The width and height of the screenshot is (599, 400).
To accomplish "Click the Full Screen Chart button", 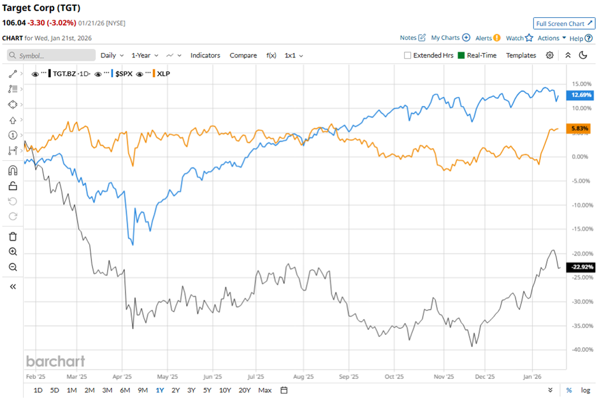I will coord(563,24).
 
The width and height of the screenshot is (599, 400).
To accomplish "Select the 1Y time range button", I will coord(159,390).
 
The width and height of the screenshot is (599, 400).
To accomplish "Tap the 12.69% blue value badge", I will coord(581,95).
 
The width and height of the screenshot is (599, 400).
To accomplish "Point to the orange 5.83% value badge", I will coord(579,128).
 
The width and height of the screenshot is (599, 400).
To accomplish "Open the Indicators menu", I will coord(205,56).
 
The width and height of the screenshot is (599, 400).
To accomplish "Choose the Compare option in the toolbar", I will coord(243,56).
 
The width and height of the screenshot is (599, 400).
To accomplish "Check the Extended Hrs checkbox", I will coord(408,56).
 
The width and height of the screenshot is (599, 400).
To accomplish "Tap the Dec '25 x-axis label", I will coord(485,376).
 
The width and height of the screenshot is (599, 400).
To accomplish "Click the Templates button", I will coord(521,56).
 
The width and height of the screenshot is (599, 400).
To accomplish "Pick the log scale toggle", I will coord(585,390).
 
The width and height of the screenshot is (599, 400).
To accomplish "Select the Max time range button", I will coord(265,390).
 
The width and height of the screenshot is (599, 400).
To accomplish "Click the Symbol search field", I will coord(51,56).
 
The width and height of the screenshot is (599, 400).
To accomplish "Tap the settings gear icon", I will coord(550,56).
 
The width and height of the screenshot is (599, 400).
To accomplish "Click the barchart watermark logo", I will coord(55,361).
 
